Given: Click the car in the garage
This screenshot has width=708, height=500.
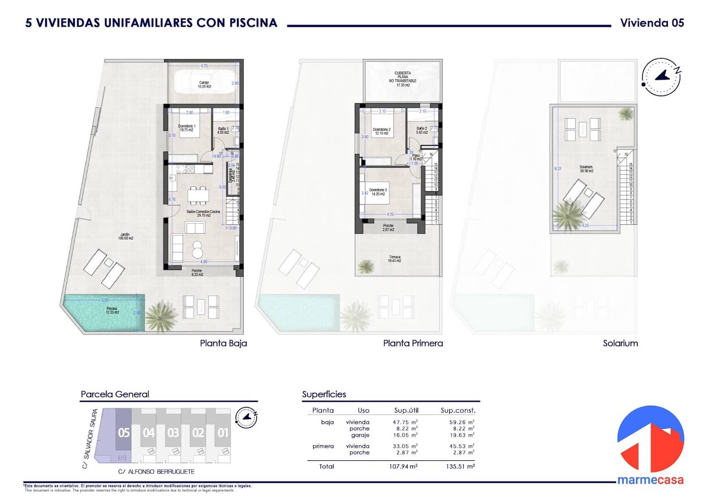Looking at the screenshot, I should pos(204,82).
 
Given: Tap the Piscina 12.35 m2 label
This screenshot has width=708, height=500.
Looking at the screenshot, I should pos(112,311).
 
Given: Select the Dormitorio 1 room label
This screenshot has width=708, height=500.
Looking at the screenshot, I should pos(187,128).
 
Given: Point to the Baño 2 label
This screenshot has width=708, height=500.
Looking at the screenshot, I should pos(422,131).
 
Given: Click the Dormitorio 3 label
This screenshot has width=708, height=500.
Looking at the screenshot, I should pos(378,192).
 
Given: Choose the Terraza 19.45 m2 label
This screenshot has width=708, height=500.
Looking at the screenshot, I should pos(395,259).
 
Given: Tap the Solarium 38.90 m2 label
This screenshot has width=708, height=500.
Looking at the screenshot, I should pos(586,169).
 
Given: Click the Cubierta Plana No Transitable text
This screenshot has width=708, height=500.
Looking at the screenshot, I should pos(403,79).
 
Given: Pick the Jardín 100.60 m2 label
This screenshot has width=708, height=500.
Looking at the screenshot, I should pos(126,236).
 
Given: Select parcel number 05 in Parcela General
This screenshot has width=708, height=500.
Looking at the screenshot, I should pos(124,432).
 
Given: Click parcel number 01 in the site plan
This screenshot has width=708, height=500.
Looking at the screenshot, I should pos(223,432).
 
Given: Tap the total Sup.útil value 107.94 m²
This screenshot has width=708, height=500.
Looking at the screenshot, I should pos(403,466).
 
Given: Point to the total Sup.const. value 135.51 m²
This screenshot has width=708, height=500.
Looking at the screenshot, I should pos(460,466).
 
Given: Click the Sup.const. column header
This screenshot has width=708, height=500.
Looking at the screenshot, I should pos(458,410).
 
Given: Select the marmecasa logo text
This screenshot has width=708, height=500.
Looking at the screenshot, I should pos(650,480).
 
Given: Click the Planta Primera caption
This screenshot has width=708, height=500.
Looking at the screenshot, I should pos(413,343).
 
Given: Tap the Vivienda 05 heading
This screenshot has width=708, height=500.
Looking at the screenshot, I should pos(652,23).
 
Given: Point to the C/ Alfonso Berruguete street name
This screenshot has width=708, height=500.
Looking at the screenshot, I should pos(156,472).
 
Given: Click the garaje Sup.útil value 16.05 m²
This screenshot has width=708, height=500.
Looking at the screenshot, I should pos(405,435).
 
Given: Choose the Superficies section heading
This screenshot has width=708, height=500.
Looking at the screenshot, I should pos(324,394).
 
